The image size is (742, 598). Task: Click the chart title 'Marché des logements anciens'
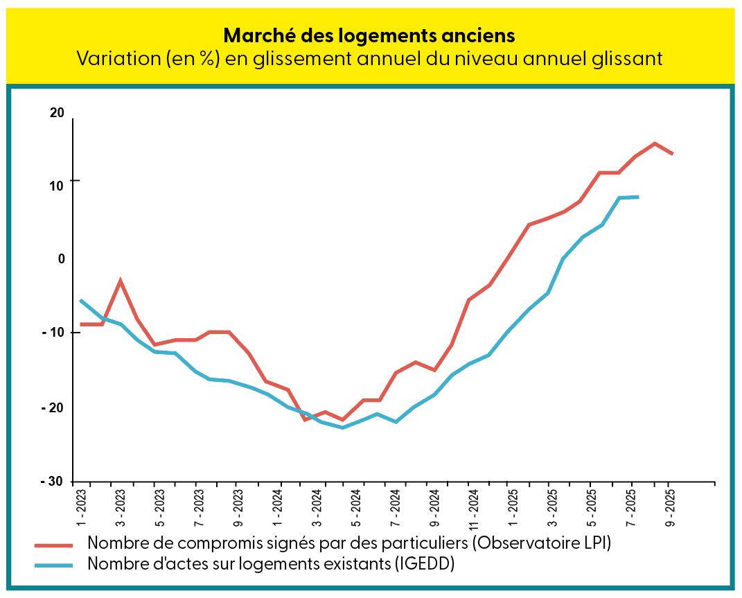pos(370,35)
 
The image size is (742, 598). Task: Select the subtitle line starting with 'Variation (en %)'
pos(370,59)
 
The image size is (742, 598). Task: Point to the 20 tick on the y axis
pos(57,114)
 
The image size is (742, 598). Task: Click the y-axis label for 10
pos(57,185)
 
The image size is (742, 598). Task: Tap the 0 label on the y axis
pos(61,258)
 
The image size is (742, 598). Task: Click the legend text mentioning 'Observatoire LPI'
pos(349,543)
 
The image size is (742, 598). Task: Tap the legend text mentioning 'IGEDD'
pos(271,563)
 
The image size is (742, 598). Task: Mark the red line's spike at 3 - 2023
pos(121,281)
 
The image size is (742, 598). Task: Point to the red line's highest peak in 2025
pos(655,143)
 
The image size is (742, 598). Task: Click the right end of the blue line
pos(637,197)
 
